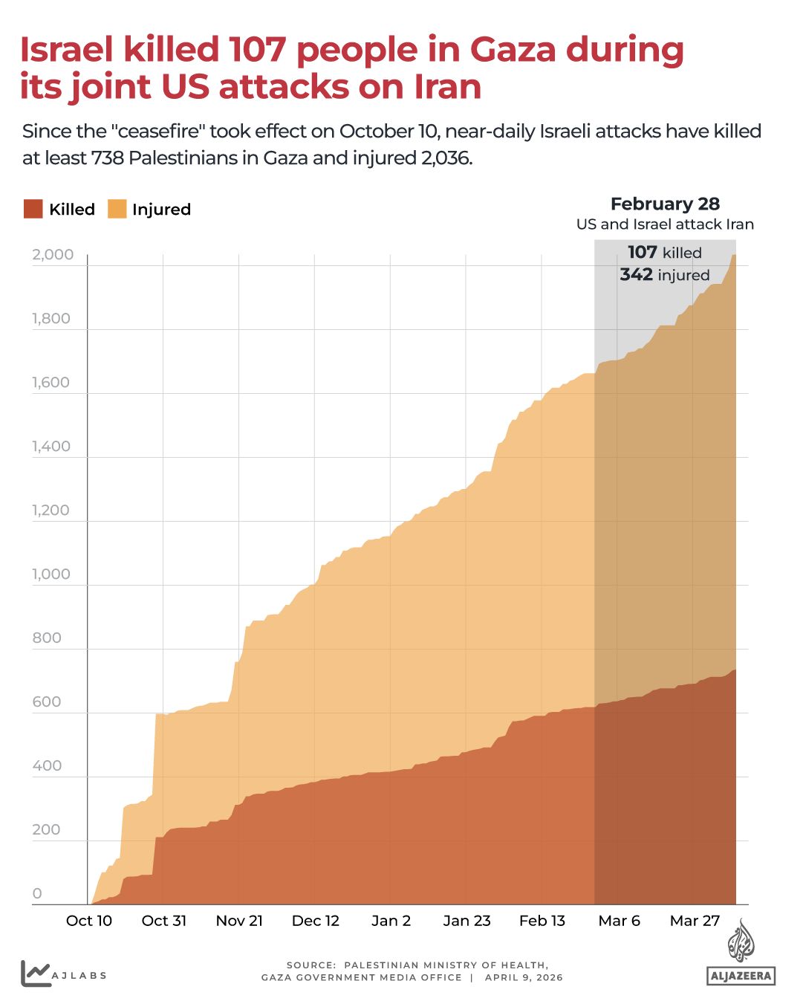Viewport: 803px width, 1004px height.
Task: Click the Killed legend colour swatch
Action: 33,209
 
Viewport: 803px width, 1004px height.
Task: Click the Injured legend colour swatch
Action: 117,209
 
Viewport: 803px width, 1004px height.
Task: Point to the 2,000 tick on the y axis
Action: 53,255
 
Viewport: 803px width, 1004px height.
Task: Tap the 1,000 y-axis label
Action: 51,574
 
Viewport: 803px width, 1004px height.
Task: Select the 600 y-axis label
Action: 47,702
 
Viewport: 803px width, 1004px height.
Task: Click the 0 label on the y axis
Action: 37,894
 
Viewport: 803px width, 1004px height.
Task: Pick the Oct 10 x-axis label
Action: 89,921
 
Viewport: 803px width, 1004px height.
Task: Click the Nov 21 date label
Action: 239,921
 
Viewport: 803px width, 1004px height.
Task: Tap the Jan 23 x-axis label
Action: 466,921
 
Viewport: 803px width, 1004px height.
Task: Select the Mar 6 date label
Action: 619,921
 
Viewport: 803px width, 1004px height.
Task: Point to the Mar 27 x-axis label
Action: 695,921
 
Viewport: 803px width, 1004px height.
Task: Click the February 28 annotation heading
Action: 665,204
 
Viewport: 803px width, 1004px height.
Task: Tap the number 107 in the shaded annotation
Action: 642,253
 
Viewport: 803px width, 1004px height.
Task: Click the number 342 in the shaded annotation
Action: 636,275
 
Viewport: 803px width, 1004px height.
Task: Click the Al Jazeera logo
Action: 741,955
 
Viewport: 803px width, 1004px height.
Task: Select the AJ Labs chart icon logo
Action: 35,973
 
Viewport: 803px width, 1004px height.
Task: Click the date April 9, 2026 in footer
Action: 524,977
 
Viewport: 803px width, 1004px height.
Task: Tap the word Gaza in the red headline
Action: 513,51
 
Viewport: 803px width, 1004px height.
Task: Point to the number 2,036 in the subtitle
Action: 446,158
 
